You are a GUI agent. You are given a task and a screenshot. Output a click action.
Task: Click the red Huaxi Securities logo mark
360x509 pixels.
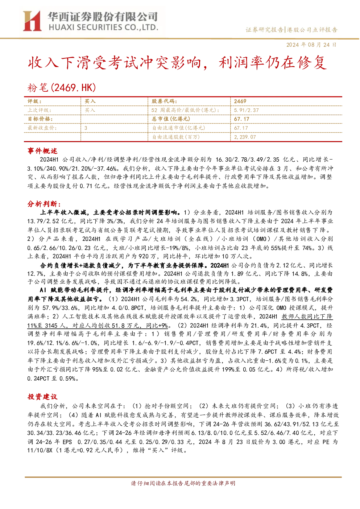pyautogui.click(x=32, y=21)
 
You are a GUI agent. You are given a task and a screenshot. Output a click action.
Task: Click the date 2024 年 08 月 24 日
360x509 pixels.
pyautogui.click(x=311, y=45)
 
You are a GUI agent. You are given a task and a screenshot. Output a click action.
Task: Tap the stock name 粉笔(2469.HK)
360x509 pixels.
pyautogui.click(x=62, y=87)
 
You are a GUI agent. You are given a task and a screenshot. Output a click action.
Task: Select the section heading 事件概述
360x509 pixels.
pyautogui.click(x=42, y=151)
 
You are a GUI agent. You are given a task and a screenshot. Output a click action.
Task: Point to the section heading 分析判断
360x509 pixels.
pyautogui.click(x=44, y=204)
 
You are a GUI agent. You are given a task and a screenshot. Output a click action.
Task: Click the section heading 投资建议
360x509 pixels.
pyautogui.click(x=42, y=397)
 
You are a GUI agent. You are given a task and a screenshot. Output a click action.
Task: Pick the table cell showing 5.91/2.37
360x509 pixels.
pyautogui.click(x=247, y=110)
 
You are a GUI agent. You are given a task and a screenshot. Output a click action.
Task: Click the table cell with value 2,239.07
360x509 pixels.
pyautogui.click(x=245, y=137)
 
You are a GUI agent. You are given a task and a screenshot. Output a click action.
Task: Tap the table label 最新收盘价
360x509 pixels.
pyautogui.click(x=42, y=128)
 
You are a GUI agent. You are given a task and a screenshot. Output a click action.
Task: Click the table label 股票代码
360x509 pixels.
pyautogui.click(x=164, y=101)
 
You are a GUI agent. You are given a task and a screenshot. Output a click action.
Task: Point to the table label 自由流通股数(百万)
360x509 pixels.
pyautogui.click(x=176, y=137)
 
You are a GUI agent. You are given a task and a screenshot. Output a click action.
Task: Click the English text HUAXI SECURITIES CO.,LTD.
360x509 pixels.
pyautogui.click(x=104, y=28)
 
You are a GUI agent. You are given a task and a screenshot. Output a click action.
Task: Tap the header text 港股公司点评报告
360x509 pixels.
pyautogui.click(x=312, y=30)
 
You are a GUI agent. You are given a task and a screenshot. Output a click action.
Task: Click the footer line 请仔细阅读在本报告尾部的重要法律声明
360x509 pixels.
pyautogui.click(x=183, y=483)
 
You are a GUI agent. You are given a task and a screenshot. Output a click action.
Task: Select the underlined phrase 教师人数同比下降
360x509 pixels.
pyautogui.click(x=307, y=316)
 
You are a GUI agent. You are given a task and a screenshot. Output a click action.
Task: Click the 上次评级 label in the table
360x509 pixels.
pyautogui.click(x=39, y=110)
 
